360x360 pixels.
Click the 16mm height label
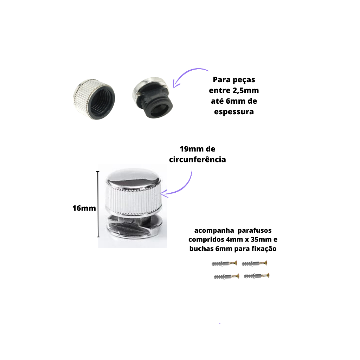pos(84,208)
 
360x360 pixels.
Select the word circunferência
pos(198,160)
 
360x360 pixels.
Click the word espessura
pos(234,112)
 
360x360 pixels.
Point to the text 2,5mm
pos(246,90)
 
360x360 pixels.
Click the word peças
pos(244,80)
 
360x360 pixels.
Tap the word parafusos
pos(255,231)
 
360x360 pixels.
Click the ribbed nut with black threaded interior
pos(94,99)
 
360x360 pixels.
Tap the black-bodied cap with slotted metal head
pos(153,98)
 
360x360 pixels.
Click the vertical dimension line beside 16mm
pos(98,204)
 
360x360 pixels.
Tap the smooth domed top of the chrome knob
pos(133,178)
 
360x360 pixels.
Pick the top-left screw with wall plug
pos(224,263)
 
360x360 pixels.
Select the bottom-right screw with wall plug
pos(257,276)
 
